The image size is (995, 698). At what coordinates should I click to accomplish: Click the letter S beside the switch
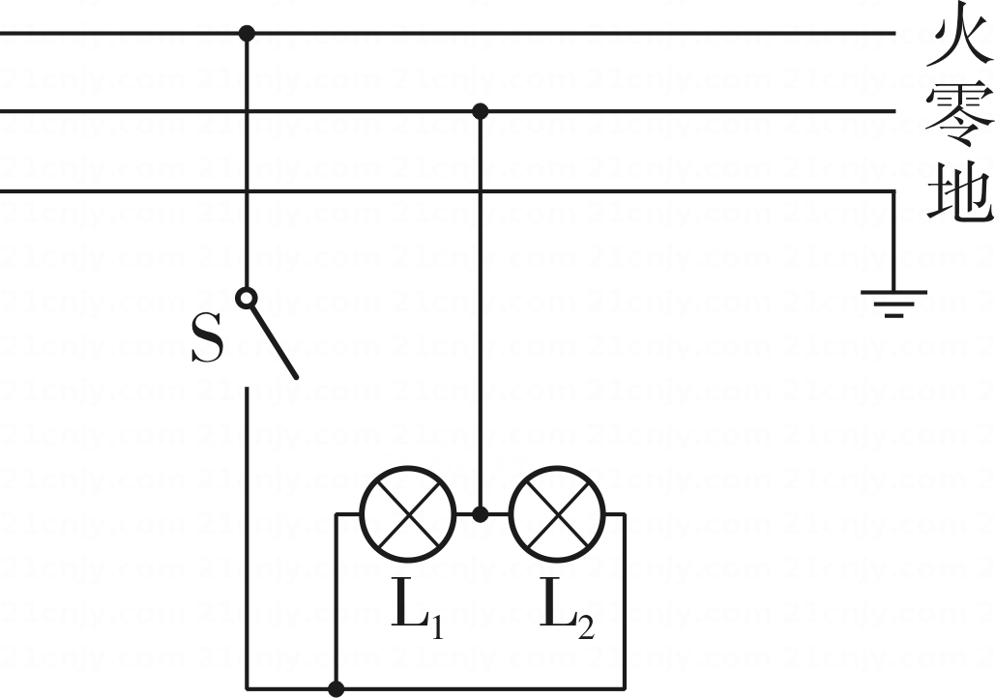point(208,337)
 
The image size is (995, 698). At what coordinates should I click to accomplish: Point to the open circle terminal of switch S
point(247,297)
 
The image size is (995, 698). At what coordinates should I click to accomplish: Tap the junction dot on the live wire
point(247,32)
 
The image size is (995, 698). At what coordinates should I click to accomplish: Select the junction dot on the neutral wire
point(481,112)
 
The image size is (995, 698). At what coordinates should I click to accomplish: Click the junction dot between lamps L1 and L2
point(481,513)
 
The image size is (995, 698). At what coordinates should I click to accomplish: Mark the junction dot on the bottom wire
point(337,688)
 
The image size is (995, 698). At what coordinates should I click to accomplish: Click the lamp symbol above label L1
point(408,513)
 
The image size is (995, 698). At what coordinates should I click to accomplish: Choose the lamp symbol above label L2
point(557,513)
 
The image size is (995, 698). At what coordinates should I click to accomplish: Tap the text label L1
point(417,608)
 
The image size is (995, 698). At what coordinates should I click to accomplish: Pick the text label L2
point(567,608)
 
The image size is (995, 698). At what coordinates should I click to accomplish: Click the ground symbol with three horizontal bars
point(893,304)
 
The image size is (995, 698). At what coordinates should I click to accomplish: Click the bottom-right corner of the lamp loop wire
point(625,688)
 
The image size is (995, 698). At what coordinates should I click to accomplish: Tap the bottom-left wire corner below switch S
point(247,688)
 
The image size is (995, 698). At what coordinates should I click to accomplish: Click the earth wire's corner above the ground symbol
point(893,190)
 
